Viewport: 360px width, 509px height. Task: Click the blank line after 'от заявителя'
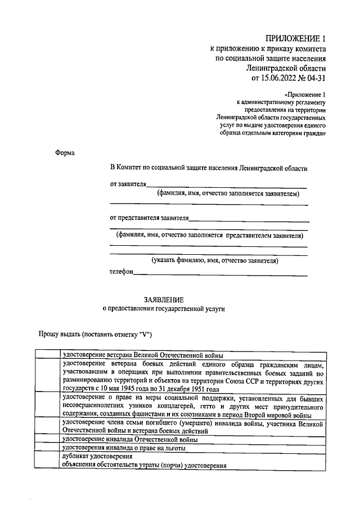227,186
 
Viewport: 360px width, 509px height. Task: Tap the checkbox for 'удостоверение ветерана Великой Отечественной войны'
48,355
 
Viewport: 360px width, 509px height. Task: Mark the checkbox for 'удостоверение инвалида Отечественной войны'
48,439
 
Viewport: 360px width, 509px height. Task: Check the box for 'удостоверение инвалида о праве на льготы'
48,448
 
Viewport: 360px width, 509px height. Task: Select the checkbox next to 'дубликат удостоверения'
48,461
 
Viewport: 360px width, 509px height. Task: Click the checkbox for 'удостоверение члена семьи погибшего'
48,426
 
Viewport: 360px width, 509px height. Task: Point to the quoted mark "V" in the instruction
145,334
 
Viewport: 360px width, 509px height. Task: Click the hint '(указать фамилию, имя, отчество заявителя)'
214,260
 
